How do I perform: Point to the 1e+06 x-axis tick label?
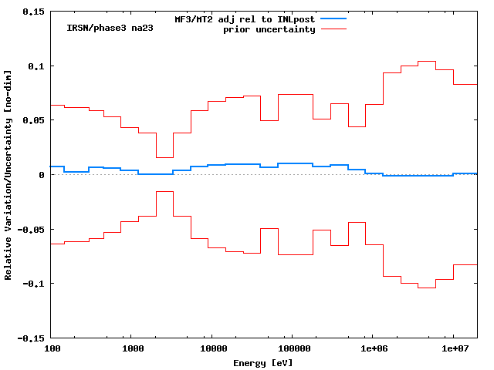click(373, 349)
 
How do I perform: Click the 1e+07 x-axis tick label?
click(453, 349)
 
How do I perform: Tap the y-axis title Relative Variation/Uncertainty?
click(8, 175)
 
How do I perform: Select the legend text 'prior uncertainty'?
click(269, 29)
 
